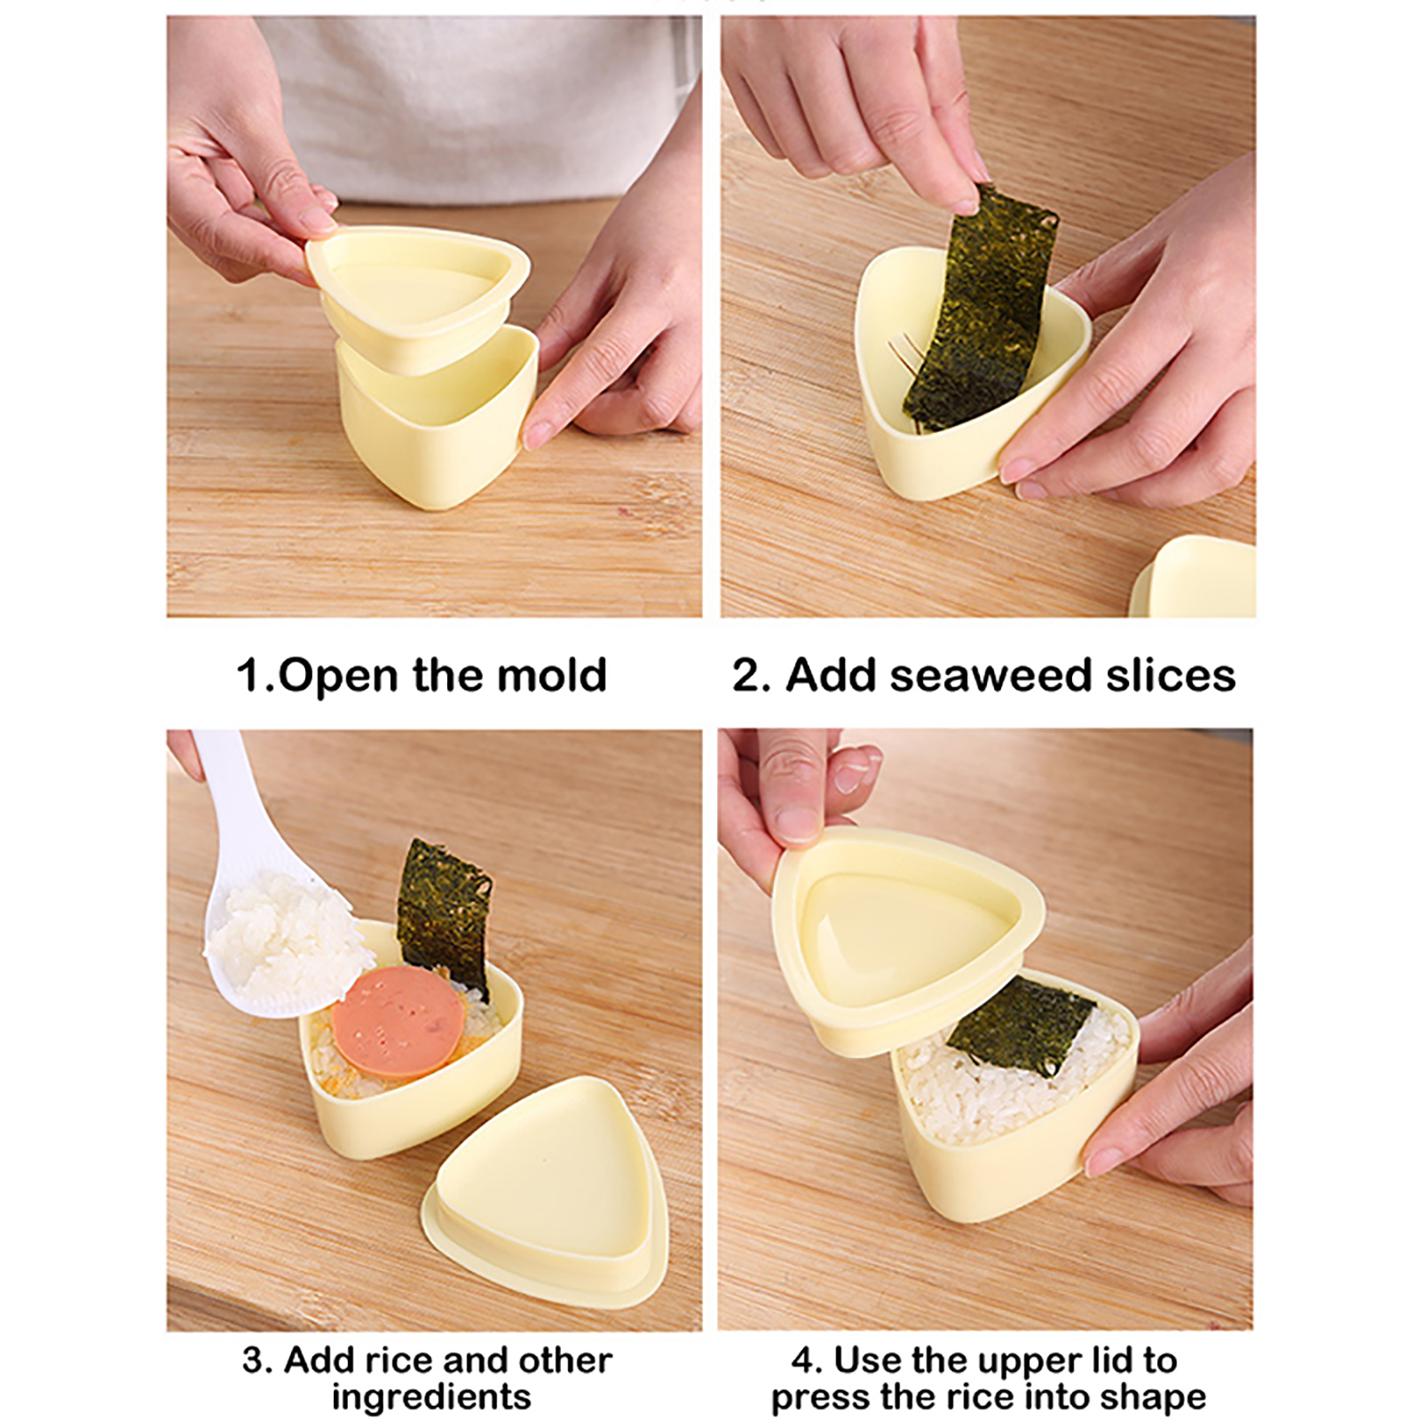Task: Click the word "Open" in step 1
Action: [338, 676]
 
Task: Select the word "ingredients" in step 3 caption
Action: [431, 1397]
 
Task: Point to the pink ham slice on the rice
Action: [398, 1021]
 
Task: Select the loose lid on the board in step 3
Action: [544, 1189]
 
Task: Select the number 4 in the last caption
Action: [804, 1361]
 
